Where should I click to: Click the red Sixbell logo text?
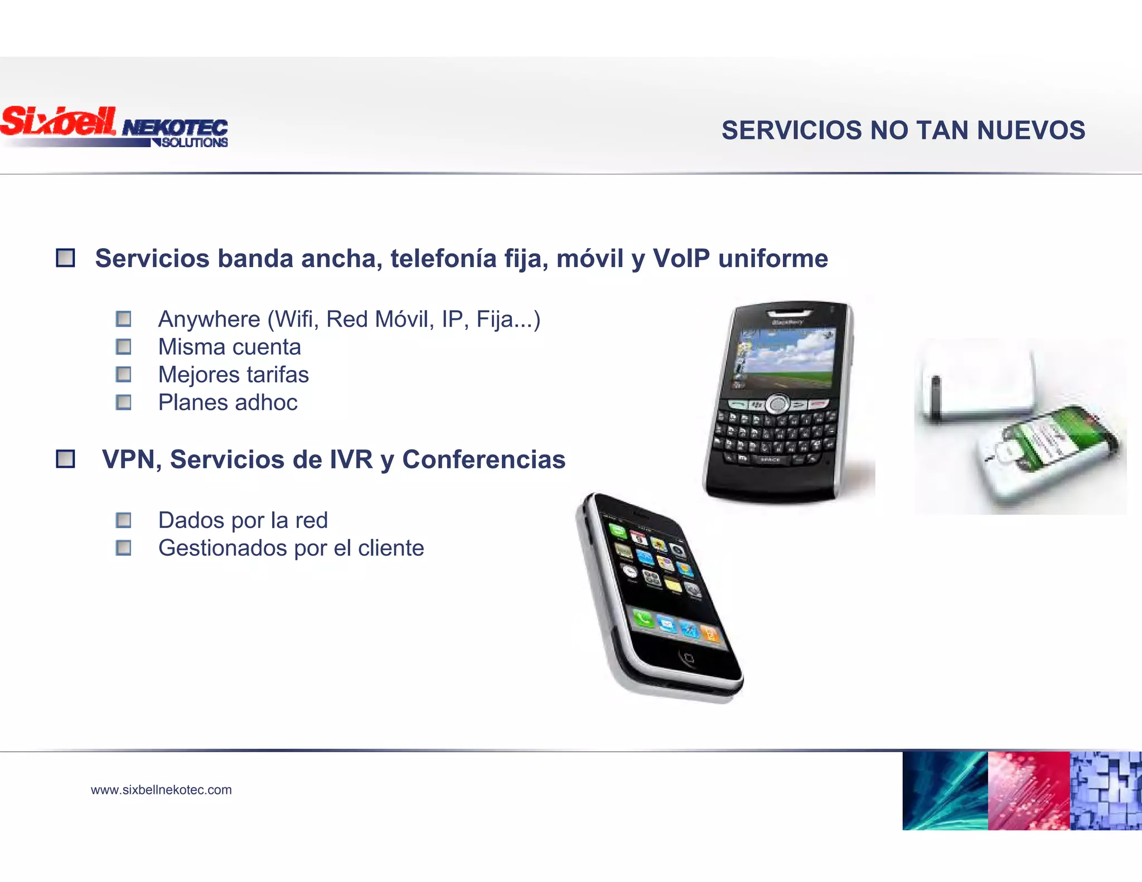coord(59,121)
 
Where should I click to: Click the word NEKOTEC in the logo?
coord(175,128)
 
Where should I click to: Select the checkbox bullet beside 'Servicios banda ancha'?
coord(65,258)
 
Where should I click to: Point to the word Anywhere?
coord(209,319)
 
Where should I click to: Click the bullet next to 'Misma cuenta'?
coord(123,347)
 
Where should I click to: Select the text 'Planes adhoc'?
coord(228,403)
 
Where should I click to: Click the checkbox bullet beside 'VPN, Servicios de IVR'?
coord(65,459)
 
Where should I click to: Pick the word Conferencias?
coord(483,460)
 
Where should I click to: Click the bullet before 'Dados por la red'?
coord(123,520)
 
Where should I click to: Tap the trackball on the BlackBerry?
coord(777,404)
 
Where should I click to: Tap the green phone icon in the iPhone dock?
coord(643,618)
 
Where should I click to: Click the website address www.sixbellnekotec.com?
coord(161,790)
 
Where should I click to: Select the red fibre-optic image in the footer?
coord(1029,791)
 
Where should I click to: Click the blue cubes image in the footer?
coord(1106,791)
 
